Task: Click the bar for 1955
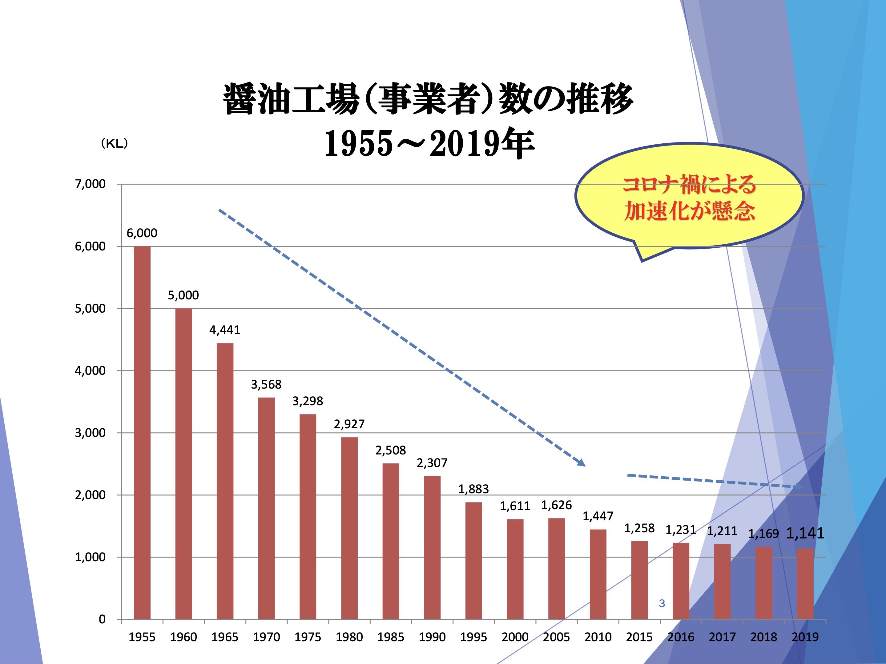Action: click(142, 432)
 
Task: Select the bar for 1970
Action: click(266, 508)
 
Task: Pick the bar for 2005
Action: click(556, 568)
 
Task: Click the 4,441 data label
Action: click(225, 330)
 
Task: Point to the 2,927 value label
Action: click(349, 424)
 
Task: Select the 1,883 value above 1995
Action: click(473, 489)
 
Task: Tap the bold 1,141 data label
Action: click(805, 533)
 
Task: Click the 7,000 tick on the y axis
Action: click(90, 184)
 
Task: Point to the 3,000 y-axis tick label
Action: click(90, 433)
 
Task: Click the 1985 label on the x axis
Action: click(391, 637)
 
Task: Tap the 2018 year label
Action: click(763, 637)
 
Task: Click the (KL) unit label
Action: click(115, 144)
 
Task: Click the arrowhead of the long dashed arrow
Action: click(582, 463)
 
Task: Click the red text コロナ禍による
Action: click(689, 185)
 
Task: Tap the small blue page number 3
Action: click(662, 603)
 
